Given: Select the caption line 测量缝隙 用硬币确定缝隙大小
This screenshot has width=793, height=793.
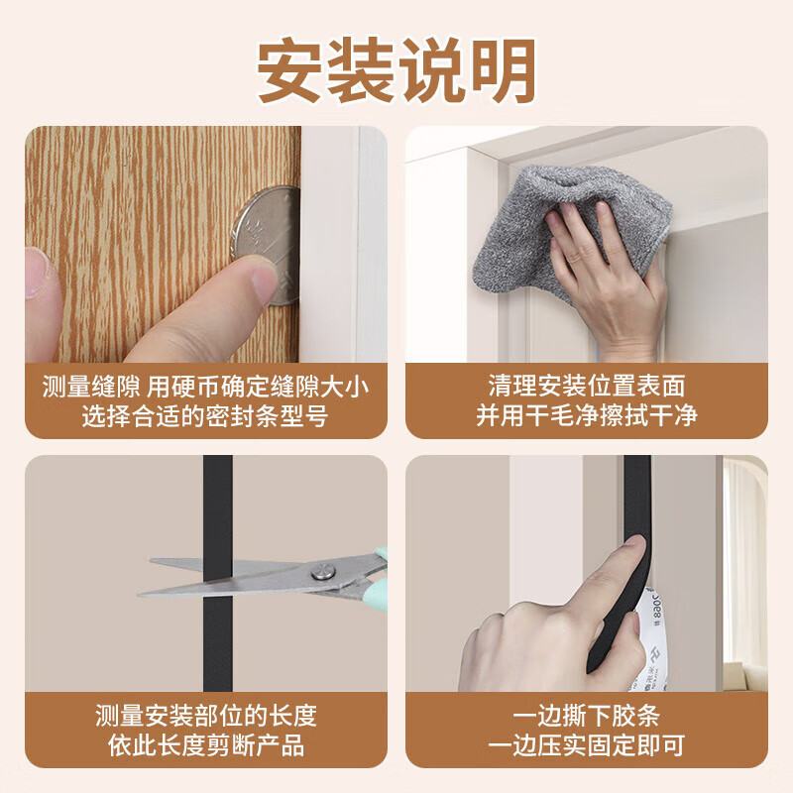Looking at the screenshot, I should (x=205, y=387).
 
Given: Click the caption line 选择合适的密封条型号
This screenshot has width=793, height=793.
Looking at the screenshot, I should (x=205, y=416).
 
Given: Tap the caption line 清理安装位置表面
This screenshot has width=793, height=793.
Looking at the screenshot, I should (x=586, y=387).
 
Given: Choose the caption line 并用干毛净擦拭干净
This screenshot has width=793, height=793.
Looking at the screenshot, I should (x=586, y=415).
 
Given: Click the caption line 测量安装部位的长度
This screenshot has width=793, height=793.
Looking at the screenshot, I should (x=205, y=716).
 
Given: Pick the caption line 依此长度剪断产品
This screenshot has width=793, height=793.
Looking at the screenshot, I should (x=205, y=745).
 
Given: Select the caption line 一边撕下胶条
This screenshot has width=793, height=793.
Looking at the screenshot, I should (x=586, y=716).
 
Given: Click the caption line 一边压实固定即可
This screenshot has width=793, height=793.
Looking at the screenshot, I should (x=586, y=745).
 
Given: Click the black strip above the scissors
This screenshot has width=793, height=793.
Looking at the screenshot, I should (x=217, y=506).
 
